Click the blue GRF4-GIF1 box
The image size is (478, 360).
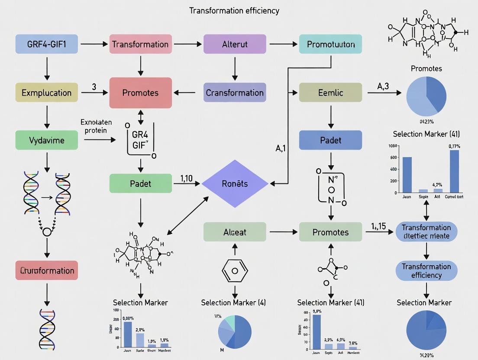coord(47,44)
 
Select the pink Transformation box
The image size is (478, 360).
coord(140,44)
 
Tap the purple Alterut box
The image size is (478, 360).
coord(234,44)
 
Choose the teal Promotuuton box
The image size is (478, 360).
coord(330,44)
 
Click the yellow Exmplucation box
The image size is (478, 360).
coord(47,93)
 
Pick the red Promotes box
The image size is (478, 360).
coord(140,93)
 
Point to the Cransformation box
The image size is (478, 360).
coord(234,93)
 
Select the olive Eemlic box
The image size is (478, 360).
coord(330,93)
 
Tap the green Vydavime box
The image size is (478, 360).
coord(47,140)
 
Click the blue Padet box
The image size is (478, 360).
coord(330,140)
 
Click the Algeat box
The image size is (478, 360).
coord(234,232)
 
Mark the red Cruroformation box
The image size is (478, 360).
coord(47,270)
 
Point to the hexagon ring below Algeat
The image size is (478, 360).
coord(234,270)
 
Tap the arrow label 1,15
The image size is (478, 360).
coord(379,226)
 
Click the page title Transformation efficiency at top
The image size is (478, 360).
coord(234,10)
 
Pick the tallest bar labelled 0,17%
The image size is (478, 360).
coord(454,171)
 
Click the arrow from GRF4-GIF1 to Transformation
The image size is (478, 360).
coord(93,44)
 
